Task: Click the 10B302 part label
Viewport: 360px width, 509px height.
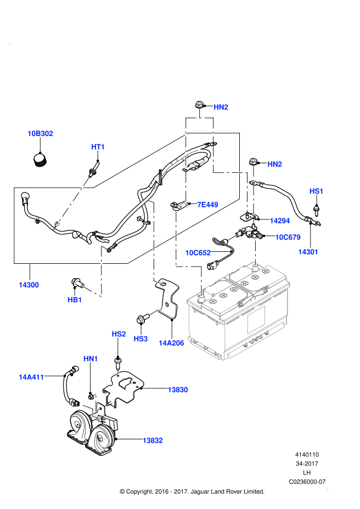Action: (x=40, y=133)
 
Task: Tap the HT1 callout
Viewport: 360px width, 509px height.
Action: (x=98, y=147)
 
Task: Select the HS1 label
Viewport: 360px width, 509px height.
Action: (x=316, y=191)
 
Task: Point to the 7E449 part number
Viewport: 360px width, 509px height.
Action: (x=207, y=205)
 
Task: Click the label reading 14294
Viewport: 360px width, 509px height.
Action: (x=279, y=220)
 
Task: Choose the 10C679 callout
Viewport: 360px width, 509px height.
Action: (x=288, y=237)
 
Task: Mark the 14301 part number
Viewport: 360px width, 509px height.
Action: (x=308, y=252)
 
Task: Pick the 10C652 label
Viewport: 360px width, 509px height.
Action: (x=198, y=253)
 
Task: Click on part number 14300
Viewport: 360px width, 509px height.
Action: (x=29, y=285)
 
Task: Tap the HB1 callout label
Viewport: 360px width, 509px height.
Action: (x=75, y=299)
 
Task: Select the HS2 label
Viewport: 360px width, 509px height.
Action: (x=119, y=334)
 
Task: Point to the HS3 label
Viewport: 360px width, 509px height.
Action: (x=140, y=339)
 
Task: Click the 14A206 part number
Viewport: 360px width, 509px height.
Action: (x=171, y=343)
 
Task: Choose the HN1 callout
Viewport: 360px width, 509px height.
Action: (x=91, y=359)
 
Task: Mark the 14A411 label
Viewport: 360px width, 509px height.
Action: (x=31, y=377)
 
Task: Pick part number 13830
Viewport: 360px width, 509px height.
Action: (x=177, y=389)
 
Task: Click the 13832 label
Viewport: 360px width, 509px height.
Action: (x=152, y=440)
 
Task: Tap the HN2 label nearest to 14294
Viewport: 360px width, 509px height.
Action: (x=274, y=164)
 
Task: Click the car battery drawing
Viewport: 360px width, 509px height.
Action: (x=239, y=313)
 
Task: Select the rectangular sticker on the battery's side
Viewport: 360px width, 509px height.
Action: (x=256, y=320)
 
